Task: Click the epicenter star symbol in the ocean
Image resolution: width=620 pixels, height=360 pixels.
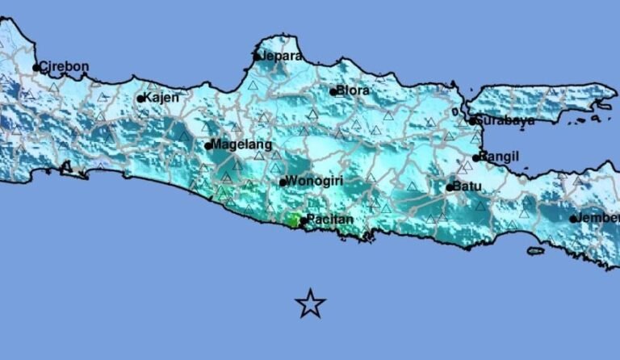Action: pyautogui.click(x=310, y=303)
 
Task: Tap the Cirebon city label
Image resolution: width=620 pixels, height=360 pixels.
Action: pyautogui.click(x=65, y=66)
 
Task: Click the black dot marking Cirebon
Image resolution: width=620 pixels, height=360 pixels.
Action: pyautogui.click(x=36, y=68)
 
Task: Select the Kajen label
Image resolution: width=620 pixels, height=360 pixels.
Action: pyautogui.click(x=161, y=98)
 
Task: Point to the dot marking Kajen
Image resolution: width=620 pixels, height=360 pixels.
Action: pyautogui.click(x=140, y=99)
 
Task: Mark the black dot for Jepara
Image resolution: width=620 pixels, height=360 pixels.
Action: pyautogui.click(x=257, y=57)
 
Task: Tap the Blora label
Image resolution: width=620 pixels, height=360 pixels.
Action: pyautogui.click(x=354, y=90)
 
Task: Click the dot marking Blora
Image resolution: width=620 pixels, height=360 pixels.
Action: pyautogui.click(x=333, y=92)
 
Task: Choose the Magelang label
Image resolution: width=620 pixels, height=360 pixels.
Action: pyautogui.click(x=239, y=144)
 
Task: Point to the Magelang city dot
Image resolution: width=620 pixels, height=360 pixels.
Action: pyautogui.click(x=208, y=146)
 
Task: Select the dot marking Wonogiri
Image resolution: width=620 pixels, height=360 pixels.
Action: pyautogui.click(x=283, y=182)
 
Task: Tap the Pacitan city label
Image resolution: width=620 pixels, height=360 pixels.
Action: pyautogui.click(x=329, y=220)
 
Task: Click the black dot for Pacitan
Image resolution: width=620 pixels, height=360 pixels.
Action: pyautogui.click(x=303, y=220)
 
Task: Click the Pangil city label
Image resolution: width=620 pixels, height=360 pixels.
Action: pyautogui.click(x=499, y=156)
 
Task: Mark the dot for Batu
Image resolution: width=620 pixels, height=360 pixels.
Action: pyautogui.click(x=450, y=188)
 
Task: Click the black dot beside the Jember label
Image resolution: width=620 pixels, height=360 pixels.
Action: pyautogui.click(x=573, y=219)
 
